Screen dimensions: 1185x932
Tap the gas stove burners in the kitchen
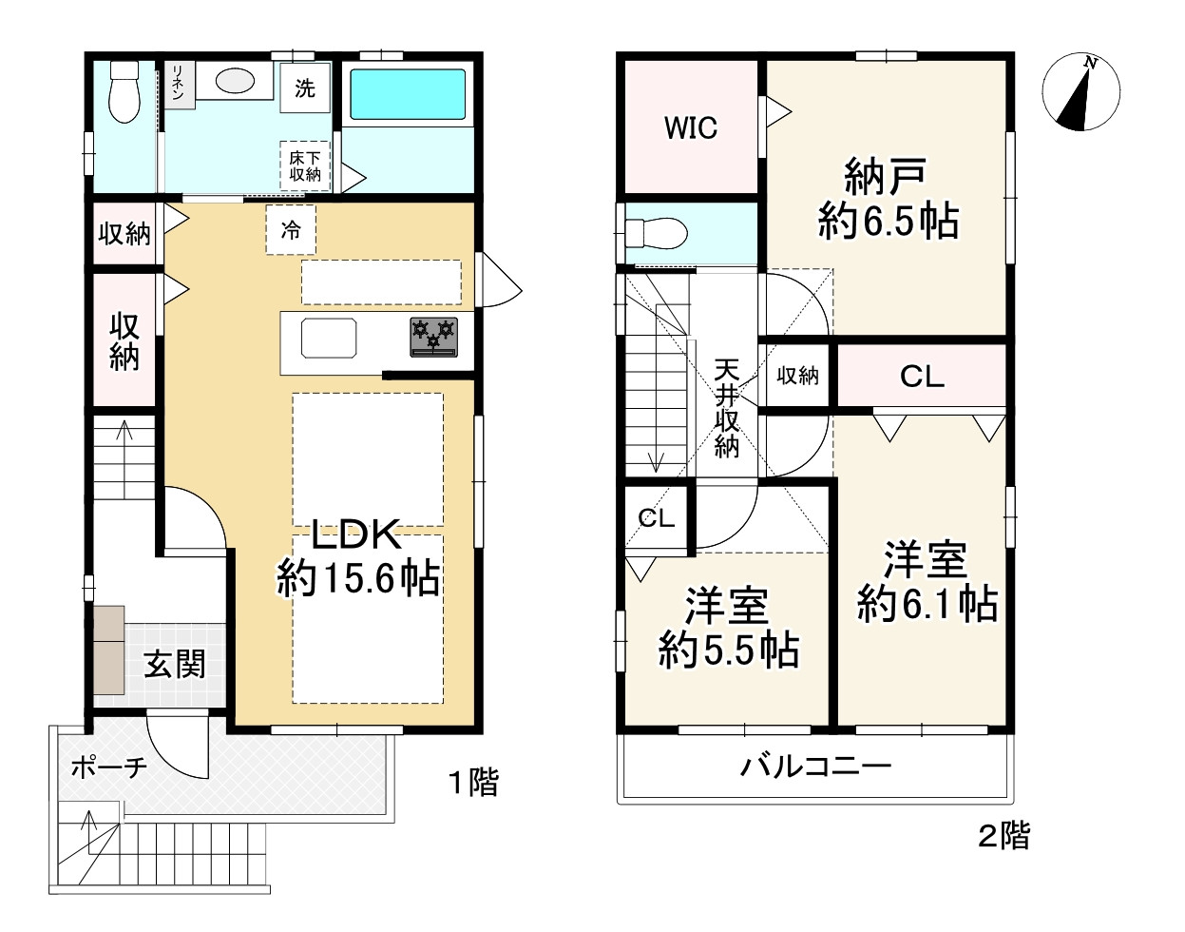433,338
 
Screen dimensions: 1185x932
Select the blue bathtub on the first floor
408,94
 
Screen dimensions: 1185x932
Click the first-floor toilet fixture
124,91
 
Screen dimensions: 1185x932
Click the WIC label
691,128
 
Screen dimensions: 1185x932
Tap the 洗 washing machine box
305,87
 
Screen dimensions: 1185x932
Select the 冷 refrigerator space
291,230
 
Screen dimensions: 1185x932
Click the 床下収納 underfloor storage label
305,166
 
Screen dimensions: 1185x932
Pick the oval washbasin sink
235,82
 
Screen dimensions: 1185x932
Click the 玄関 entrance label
175,664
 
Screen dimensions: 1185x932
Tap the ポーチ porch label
109,768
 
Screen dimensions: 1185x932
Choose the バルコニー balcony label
815,767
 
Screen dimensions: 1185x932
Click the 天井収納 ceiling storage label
727,409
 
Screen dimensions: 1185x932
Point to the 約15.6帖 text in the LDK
358,578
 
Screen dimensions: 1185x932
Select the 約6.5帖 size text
888,221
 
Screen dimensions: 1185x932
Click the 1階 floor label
473,782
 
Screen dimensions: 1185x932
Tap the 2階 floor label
1003,835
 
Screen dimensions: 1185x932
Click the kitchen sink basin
329,339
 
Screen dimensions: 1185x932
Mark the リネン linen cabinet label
178,83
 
